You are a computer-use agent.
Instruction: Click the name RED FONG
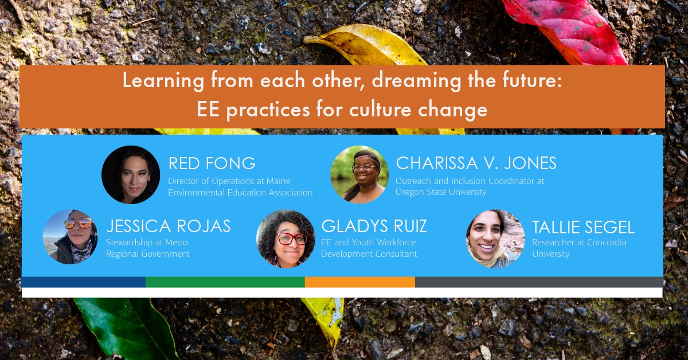212,163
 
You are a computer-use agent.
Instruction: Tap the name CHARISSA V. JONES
476,163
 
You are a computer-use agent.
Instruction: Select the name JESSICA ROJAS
169,226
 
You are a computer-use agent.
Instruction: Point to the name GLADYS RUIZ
374,226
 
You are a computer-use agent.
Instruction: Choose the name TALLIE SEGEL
583,228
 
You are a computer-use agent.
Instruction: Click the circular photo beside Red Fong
131,174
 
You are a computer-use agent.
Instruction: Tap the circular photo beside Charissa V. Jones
359,174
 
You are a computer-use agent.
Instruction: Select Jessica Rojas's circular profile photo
71,237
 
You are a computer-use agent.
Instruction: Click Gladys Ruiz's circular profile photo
286,238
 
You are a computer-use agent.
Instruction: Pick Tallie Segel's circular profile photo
495,238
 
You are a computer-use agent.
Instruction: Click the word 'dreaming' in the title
416,80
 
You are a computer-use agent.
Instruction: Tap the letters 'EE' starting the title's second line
208,109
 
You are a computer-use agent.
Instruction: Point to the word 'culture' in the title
380,109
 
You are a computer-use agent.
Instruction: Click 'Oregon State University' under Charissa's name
441,192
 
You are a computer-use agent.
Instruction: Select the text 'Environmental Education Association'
240,192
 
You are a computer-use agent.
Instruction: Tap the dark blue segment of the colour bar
84,282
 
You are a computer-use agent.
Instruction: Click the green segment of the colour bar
225,282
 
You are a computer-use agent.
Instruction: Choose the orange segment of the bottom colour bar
360,282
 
